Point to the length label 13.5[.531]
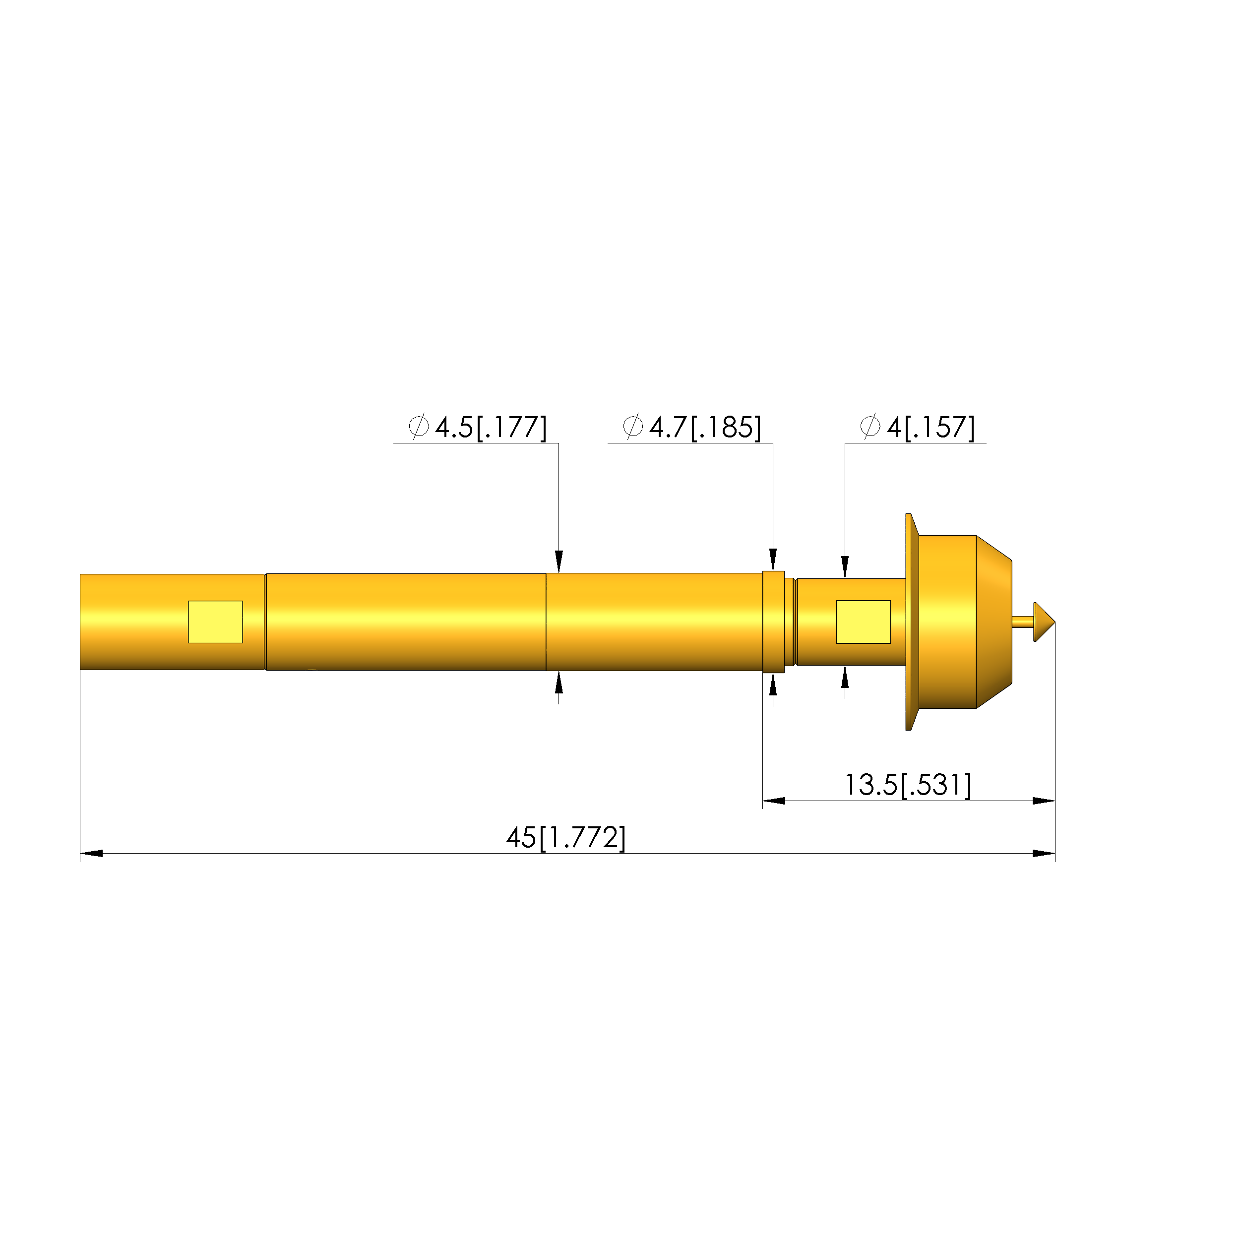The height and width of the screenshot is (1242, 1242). click(908, 785)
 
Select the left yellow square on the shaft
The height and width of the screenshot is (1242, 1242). click(215, 621)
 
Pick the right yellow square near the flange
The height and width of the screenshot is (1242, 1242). click(864, 621)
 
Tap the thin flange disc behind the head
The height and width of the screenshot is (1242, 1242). click(909, 621)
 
